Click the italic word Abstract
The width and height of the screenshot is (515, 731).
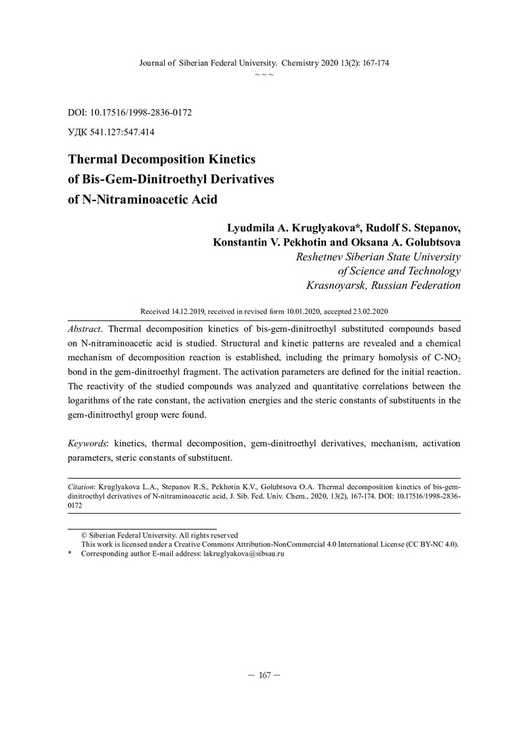tap(85, 327)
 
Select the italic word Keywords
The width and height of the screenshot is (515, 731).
tap(88, 444)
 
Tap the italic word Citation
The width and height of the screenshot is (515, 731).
tap(81, 487)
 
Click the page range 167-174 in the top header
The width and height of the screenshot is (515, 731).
tap(372, 63)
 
